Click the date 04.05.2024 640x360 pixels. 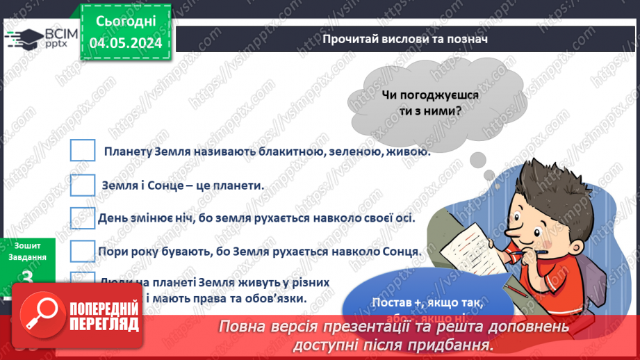126,43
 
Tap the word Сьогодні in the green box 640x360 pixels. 126,22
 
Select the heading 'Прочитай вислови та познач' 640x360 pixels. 405,39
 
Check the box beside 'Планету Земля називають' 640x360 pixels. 83,151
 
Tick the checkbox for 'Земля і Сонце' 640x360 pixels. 83,185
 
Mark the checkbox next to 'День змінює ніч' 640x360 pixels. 83,218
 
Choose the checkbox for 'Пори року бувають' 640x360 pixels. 83,251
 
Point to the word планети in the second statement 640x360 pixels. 238,186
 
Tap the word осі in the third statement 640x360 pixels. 405,218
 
